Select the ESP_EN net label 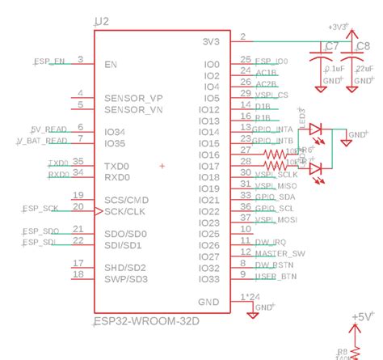coord(49,61)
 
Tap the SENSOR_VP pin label coord(133,97)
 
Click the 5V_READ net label coord(44,129)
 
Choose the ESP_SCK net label coord(40,209)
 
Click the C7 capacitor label coord(330,47)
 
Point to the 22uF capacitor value coord(364,69)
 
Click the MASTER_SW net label coord(280,253)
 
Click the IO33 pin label coord(208,279)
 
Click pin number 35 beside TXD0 coord(78,162)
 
